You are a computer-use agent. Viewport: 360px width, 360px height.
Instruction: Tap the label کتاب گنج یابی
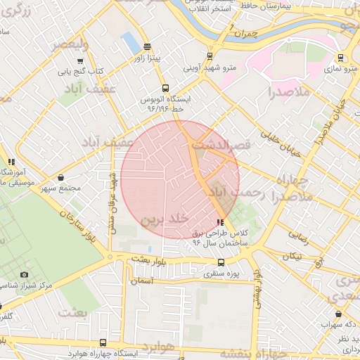pos(79,71)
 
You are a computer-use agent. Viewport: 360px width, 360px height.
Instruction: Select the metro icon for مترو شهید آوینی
pos(209,57)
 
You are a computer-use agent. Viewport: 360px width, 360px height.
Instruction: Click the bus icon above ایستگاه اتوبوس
pos(165,89)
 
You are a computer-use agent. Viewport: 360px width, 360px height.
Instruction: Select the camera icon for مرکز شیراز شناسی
pos(25,274)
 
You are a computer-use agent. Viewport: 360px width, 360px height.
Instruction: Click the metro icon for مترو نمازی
pos(340,58)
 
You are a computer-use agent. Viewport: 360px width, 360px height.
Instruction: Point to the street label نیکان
pos(290,256)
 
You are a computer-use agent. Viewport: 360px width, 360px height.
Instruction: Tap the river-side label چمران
pos(246,33)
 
